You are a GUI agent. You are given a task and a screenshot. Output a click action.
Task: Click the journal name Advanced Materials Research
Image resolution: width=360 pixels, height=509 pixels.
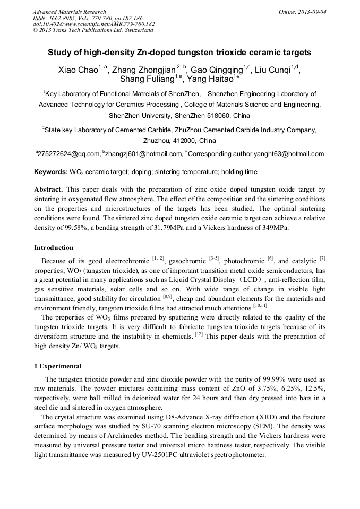pos(69,12)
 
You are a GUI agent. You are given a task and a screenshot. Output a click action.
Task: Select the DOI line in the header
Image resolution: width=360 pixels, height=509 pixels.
pos(93,24)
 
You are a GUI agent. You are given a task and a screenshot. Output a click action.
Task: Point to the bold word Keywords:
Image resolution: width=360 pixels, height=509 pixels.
pos(50,172)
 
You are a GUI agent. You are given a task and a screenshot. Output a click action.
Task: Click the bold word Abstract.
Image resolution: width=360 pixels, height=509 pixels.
pos(49,189)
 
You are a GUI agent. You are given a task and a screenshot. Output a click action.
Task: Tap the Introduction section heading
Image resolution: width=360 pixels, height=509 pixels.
pos(54,248)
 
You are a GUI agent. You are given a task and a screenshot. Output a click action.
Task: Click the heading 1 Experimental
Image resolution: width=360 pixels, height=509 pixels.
pos(58,366)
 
